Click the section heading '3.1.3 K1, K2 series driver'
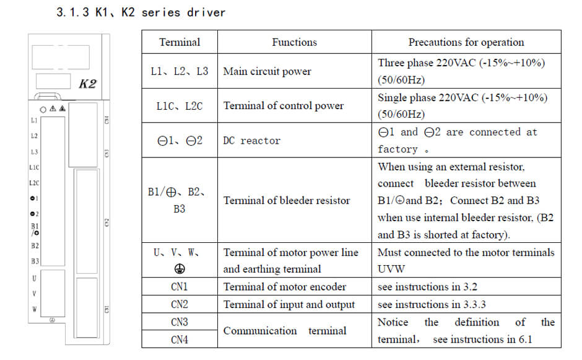click(141, 12)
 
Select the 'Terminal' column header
click(180, 42)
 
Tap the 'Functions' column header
click(294, 42)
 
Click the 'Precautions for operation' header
click(466, 42)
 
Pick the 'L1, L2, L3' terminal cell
click(180, 71)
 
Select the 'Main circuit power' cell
click(267, 71)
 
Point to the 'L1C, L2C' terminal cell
click(180, 106)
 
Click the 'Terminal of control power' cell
click(283, 106)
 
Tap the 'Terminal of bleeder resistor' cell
click(286, 201)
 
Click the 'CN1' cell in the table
click(180, 287)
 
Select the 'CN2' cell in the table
click(180, 304)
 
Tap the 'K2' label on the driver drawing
click(87, 84)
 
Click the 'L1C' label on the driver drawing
click(34, 167)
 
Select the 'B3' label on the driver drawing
click(35, 261)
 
